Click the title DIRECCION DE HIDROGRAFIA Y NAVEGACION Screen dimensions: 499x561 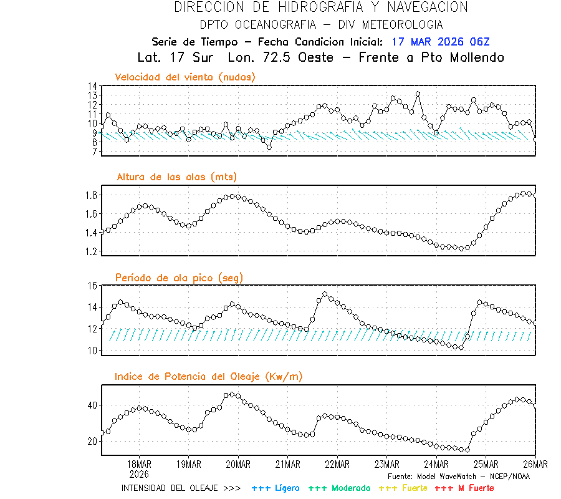click(x=321, y=7)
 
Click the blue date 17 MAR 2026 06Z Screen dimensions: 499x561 click(x=441, y=42)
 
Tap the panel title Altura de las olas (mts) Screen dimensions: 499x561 click(x=177, y=177)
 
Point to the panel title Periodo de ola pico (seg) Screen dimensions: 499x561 click(x=179, y=278)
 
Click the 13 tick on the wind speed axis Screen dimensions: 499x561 click(x=92, y=95)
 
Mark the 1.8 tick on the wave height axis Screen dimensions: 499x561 click(x=91, y=195)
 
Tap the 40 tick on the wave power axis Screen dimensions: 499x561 click(x=92, y=405)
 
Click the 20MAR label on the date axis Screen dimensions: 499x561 click(x=237, y=464)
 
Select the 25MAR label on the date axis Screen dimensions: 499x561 click(x=486, y=464)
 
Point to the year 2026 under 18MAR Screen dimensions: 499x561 click(x=138, y=474)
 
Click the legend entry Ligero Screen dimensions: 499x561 click(x=276, y=488)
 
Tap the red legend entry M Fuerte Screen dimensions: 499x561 click(x=464, y=488)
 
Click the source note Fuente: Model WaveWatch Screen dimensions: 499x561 click(x=458, y=476)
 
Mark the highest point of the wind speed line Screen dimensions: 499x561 click(x=418, y=94)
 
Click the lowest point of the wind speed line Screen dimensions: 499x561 click(x=269, y=147)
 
